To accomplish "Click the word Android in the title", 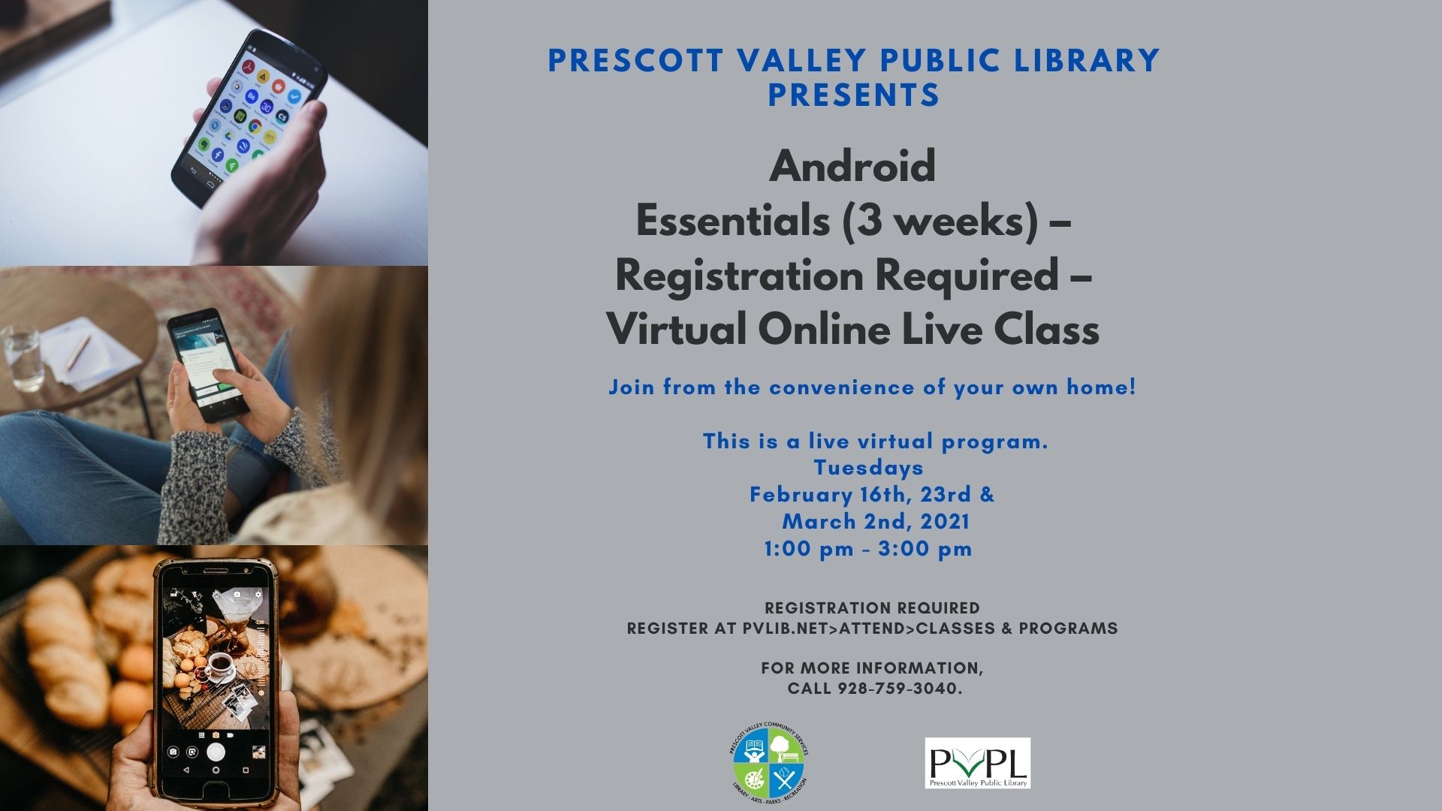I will [x=852, y=166].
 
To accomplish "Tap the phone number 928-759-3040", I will [x=899, y=689].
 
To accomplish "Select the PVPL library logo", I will [x=977, y=763].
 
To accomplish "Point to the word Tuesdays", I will [x=868, y=468].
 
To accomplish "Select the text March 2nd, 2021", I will [x=876, y=522].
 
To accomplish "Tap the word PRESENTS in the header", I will [x=854, y=95].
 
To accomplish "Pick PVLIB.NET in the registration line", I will [x=785, y=629].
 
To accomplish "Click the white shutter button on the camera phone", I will [x=216, y=751].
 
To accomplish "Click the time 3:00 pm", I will [x=925, y=549].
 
